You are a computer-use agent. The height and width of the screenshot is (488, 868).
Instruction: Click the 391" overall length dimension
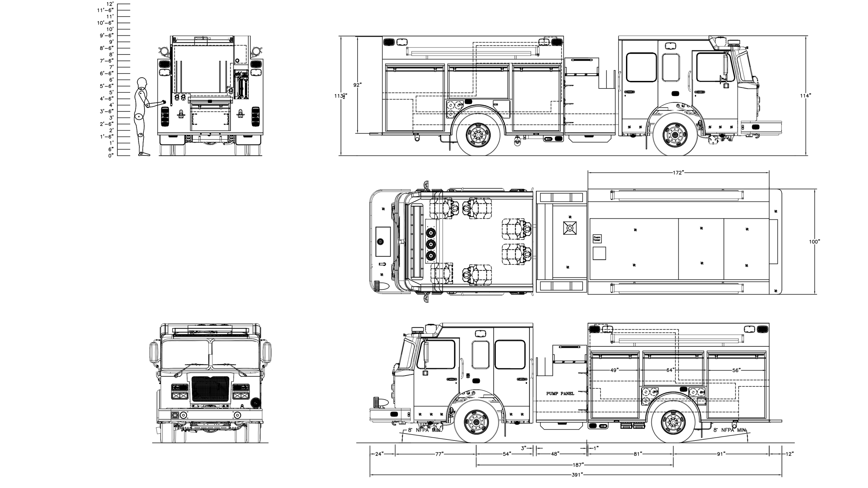coord(577,475)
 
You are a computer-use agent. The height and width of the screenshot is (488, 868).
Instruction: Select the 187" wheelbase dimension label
coord(578,464)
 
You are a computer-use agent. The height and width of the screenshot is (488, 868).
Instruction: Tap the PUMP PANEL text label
coord(560,394)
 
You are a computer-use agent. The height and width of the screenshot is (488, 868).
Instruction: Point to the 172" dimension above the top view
coord(678,173)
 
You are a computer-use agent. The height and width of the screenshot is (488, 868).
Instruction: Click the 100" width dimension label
coord(815,242)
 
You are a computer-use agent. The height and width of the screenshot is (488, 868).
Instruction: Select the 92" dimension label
coord(358,85)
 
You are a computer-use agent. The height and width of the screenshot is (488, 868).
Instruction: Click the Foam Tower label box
coord(596,238)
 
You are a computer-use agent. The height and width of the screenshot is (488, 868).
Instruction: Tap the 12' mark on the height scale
coord(110,4)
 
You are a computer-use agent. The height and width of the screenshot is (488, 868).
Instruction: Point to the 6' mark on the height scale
coord(111,79)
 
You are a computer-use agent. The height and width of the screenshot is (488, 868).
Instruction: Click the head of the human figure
coord(142,83)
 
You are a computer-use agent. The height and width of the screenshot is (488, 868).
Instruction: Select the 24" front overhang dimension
coord(379,454)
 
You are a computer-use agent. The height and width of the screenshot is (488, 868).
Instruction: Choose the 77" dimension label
coord(440,454)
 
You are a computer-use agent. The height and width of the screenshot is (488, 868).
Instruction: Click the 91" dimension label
coord(721,454)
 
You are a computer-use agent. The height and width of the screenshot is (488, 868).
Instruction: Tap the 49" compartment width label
coord(615,370)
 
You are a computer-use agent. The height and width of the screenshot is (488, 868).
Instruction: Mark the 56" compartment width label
coord(737,370)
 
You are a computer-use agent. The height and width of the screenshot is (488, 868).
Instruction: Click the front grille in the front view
coord(210,389)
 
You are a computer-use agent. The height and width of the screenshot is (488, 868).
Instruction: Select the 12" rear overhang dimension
coord(790,454)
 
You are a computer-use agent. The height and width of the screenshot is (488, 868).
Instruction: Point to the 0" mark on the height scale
coord(110,155)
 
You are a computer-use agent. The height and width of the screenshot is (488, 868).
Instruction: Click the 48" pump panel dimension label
coord(555,454)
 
